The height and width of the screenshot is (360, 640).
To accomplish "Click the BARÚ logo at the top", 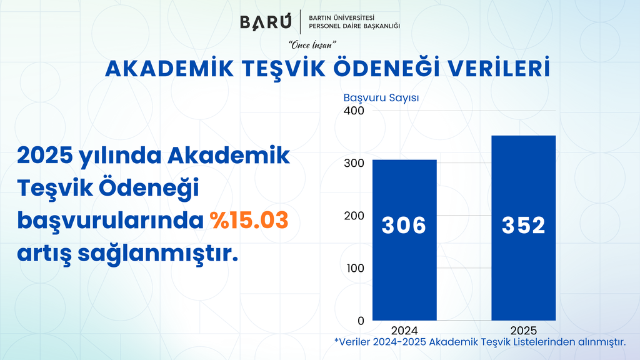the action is (x=266, y=22).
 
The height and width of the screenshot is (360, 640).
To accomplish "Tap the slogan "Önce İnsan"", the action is (x=312, y=45).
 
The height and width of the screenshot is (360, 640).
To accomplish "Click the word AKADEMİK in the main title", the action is (x=169, y=69).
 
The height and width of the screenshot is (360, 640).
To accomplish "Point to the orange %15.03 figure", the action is (x=249, y=221).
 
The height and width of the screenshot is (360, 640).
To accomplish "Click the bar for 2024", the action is (x=404, y=240).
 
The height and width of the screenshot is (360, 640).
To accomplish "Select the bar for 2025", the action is (x=523, y=227).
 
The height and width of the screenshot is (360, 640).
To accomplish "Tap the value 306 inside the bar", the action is (x=404, y=225).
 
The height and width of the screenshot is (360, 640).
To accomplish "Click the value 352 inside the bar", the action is (x=523, y=225).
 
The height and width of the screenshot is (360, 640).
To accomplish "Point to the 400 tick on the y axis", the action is (x=354, y=111).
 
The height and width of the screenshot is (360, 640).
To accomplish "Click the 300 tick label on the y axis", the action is (x=354, y=163).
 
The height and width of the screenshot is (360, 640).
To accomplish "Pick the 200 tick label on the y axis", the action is (x=354, y=216).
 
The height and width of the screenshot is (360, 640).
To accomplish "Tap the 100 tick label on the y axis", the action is (x=355, y=268).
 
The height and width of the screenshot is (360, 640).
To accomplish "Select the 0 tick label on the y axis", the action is (x=361, y=321).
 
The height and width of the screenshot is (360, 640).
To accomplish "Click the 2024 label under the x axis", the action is (x=404, y=330).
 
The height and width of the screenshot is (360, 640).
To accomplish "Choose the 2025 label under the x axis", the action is (x=524, y=330).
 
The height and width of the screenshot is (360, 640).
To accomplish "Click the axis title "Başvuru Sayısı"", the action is (x=381, y=98).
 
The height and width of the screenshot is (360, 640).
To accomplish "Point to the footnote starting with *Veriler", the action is (x=480, y=342).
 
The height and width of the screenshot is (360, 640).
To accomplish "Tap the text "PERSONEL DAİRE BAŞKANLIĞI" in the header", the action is (x=354, y=26).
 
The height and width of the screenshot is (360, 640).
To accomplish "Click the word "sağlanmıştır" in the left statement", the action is (x=157, y=254).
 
